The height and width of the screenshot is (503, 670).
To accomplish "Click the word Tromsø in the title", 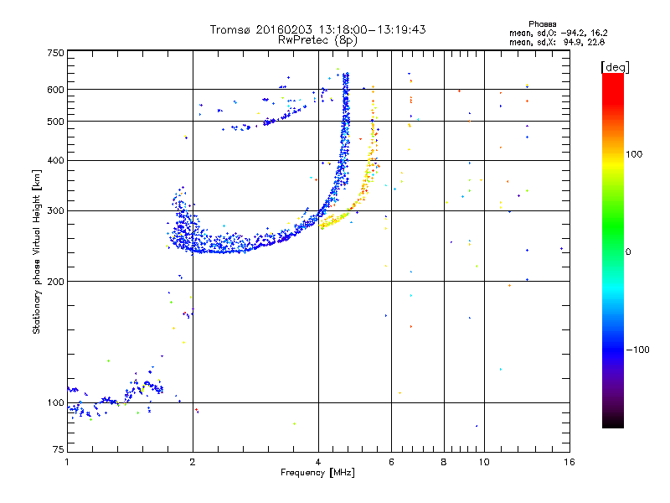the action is [230, 29].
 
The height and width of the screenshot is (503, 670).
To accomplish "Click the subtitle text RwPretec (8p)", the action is [317, 40].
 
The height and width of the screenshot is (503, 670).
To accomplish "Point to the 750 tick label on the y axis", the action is [55, 53].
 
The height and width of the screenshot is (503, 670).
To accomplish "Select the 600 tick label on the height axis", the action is [55, 90].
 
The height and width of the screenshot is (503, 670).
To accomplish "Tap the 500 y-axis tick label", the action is [55, 122].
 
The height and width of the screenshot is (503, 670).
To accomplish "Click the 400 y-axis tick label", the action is [55, 160].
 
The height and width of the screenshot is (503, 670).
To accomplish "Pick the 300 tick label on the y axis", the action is [55, 211].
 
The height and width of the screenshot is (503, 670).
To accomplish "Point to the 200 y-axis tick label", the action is [55, 282].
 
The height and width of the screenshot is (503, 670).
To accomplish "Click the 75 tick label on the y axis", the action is [59, 449].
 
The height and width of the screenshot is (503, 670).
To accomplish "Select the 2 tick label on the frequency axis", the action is [193, 462].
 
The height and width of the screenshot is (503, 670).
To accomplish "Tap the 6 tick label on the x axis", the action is [391, 462].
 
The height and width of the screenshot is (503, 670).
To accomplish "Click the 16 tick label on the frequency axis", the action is [569, 462].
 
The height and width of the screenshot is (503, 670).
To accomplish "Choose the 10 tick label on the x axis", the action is [484, 462].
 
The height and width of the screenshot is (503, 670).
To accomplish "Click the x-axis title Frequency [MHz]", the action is [317, 473].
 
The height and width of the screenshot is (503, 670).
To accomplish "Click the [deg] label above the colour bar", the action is [615, 68].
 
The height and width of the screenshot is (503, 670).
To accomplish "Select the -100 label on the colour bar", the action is [637, 350].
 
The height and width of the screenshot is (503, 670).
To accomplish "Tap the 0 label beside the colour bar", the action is [628, 252].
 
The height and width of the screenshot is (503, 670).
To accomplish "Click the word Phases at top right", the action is [542, 24].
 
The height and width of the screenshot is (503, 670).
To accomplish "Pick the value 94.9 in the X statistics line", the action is [572, 42].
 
